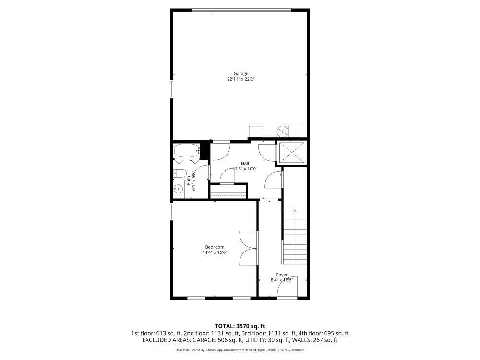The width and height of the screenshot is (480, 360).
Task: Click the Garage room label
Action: tap(241, 73)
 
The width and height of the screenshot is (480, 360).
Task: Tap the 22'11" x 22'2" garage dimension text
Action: tap(241, 79)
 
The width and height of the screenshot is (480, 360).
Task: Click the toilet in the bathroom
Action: tap(180, 173)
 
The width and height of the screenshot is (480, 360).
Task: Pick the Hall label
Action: tap(245, 163)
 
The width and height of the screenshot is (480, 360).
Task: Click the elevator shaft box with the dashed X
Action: tap(293, 153)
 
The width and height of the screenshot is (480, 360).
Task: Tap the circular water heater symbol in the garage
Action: tap(283, 130)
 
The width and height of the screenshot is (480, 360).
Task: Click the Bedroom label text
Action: tap(214, 247)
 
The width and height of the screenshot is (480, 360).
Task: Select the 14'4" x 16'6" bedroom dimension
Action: tap(214, 252)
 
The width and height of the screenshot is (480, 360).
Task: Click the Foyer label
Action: tap(282, 275)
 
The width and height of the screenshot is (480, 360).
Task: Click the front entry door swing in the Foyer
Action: tap(289, 287)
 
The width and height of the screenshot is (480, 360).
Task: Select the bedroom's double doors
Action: tap(248, 248)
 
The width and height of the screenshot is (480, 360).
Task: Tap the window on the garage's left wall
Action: tap(172, 89)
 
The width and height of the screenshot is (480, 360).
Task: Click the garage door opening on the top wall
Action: tap(241, 9)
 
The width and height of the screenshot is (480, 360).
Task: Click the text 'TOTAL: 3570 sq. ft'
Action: tap(240, 326)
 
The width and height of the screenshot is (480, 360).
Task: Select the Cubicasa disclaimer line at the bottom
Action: tap(240, 350)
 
